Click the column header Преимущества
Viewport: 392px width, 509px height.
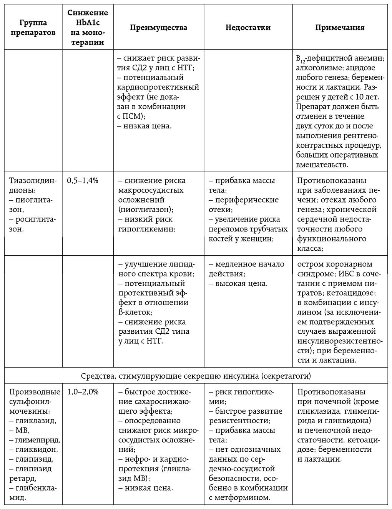click(x=158, y=28)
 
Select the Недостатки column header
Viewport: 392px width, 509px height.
click(x=248, y=28)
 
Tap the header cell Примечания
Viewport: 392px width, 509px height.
click(x=340, y=28)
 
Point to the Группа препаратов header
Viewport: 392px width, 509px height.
click(x=33, y=28)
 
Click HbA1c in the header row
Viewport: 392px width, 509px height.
click(x=88, y=23)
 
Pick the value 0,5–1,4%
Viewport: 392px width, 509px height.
click(x=83, y=180)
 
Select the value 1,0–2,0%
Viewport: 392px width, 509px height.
click(x=83, y=392)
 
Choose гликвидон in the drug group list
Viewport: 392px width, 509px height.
click(x=37, y=449)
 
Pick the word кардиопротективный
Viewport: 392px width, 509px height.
click(x=158, y=87)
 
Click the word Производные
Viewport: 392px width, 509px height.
click(x=35, y=392)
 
